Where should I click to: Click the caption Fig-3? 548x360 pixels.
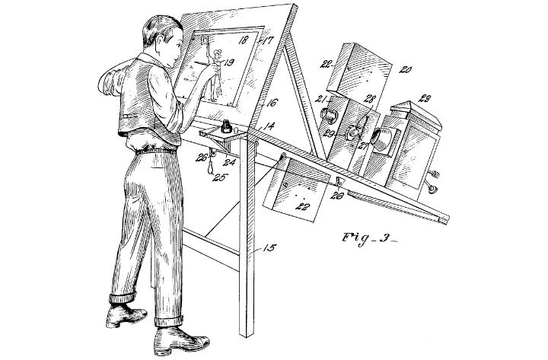pos(370,239)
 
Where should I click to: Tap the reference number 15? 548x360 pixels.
pos(269,248)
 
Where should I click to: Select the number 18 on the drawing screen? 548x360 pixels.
pos(243,40)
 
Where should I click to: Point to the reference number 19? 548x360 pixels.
pos(228,63)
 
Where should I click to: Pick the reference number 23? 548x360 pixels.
pos(424,99)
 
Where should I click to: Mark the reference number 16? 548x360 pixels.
pos(272,103)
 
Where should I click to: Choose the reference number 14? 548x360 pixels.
pos(268,126)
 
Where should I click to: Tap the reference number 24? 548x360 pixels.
pos(230,162)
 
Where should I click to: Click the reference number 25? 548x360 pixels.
pos(221,177)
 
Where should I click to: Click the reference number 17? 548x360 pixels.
pos(268,40)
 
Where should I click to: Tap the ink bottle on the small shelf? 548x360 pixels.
pos(227,126)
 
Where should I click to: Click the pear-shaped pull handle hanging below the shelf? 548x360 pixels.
pos(210,167)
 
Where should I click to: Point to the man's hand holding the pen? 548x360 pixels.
pos(210,72)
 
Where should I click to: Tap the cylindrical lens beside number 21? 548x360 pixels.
pos(330,116)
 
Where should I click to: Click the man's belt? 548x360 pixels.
pos(156,151)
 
